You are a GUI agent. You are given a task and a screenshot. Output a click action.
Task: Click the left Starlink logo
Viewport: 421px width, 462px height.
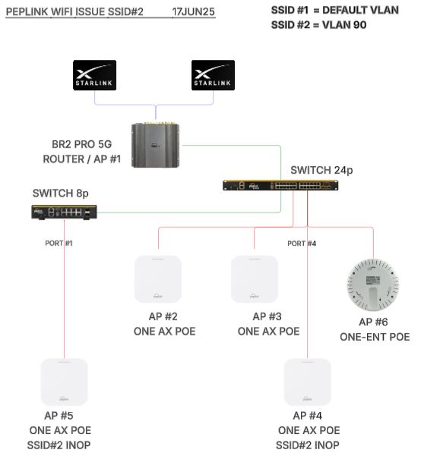94,75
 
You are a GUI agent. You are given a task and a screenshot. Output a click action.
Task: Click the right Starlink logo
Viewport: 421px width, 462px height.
213,75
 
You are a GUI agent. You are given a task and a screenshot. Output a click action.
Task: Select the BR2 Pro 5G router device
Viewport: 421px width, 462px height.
155,145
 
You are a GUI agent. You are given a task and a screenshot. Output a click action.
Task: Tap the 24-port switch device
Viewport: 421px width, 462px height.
280,185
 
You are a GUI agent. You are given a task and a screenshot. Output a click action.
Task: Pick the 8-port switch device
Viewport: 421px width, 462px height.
64,212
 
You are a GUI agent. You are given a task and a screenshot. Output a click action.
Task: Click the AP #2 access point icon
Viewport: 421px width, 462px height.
158,279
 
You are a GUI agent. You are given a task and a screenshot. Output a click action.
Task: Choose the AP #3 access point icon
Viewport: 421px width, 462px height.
255,279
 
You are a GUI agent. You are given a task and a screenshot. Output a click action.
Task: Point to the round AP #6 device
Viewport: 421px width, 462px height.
373,284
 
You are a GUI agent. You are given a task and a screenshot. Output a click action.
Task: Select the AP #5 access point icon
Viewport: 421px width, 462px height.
64,382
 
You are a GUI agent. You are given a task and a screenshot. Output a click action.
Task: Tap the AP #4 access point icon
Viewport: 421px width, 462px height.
307,382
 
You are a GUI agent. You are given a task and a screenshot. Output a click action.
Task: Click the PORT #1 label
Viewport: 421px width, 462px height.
59,243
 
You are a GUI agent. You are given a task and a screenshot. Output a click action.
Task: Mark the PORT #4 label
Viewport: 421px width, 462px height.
302,244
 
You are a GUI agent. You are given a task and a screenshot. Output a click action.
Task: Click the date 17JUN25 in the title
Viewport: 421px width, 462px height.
193,12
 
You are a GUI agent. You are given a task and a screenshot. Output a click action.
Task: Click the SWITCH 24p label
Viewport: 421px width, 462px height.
321,170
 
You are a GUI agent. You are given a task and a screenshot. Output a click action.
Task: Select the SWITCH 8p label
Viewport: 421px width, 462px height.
61,193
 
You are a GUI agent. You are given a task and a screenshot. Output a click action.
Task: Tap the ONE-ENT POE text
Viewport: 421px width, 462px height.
375,337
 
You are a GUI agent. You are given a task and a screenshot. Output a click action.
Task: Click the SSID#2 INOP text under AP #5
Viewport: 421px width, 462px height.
59,445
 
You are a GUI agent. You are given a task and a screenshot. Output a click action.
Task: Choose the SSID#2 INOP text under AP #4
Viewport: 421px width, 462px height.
307,445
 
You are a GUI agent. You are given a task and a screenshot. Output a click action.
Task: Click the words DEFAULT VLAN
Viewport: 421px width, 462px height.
360,10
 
